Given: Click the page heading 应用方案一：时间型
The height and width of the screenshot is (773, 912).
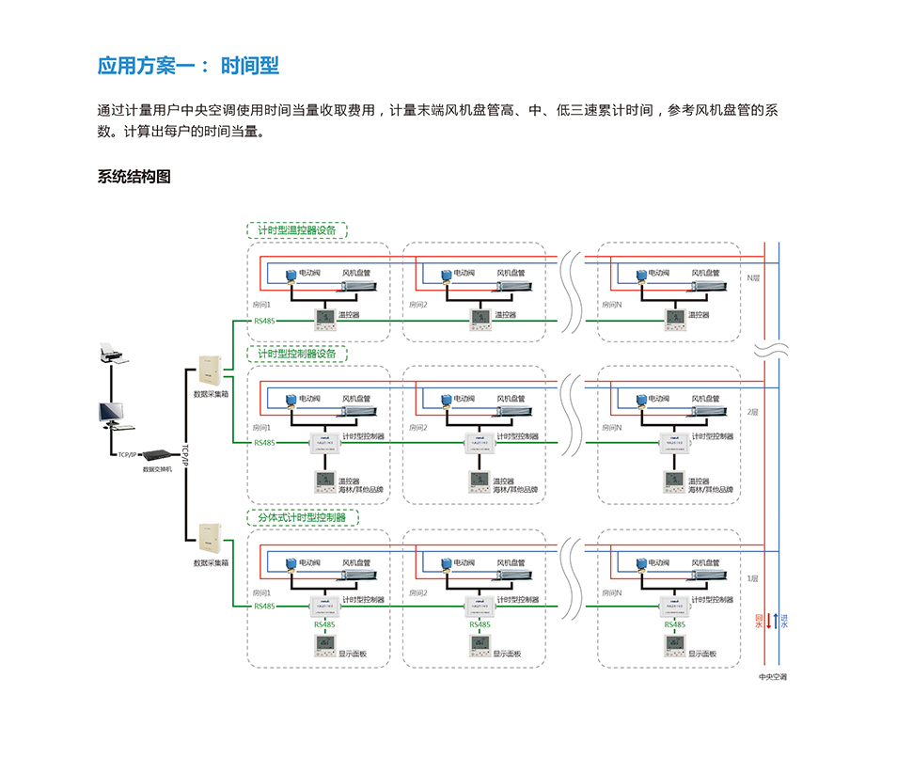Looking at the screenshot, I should (188, 67).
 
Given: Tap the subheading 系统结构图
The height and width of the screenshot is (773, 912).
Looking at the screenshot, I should (134, 177).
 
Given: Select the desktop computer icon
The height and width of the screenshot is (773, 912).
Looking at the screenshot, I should (111, 415).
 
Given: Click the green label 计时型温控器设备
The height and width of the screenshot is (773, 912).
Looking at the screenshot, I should (297, 230).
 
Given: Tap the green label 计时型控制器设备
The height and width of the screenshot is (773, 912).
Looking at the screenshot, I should (297, 354).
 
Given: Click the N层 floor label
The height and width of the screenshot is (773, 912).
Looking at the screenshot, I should (753, 278).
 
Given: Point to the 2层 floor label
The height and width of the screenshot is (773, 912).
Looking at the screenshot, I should (752, 412).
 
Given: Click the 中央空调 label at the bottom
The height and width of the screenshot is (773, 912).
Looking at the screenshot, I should (773, 675).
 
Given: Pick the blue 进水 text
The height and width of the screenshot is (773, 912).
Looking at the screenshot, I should (784, 622).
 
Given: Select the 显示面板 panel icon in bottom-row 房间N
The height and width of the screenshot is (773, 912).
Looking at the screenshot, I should (673, 645).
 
